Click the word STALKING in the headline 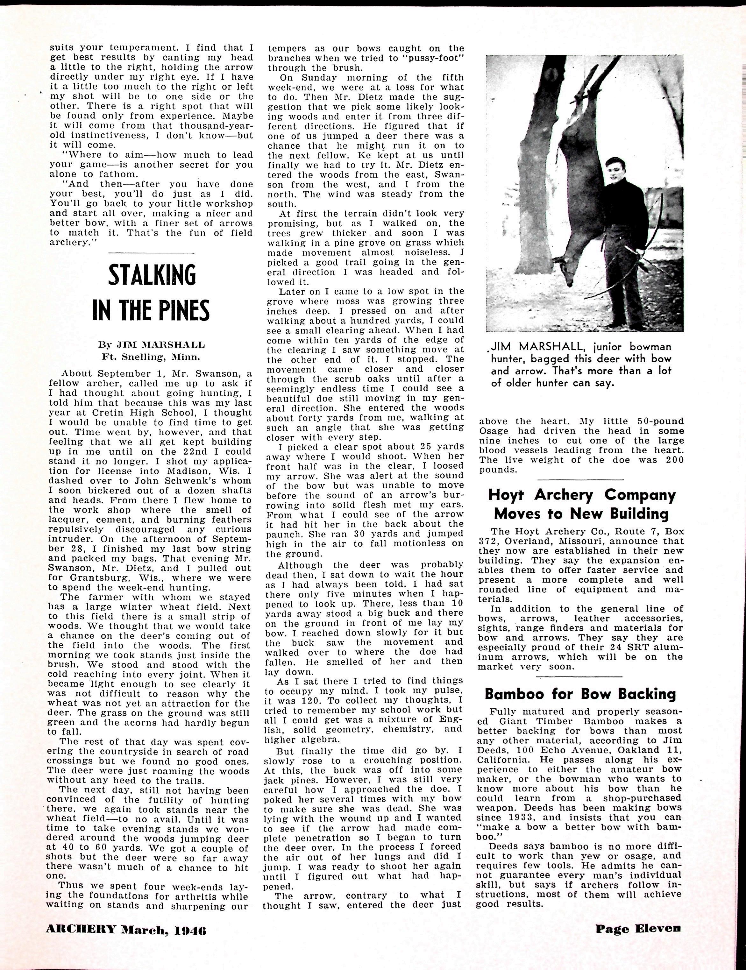pyautogui.click(x=152, y=275)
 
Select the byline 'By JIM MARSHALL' pyautogui.click(x=152, y=344)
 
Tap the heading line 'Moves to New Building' pyautogui.click(x=581, y=513)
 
